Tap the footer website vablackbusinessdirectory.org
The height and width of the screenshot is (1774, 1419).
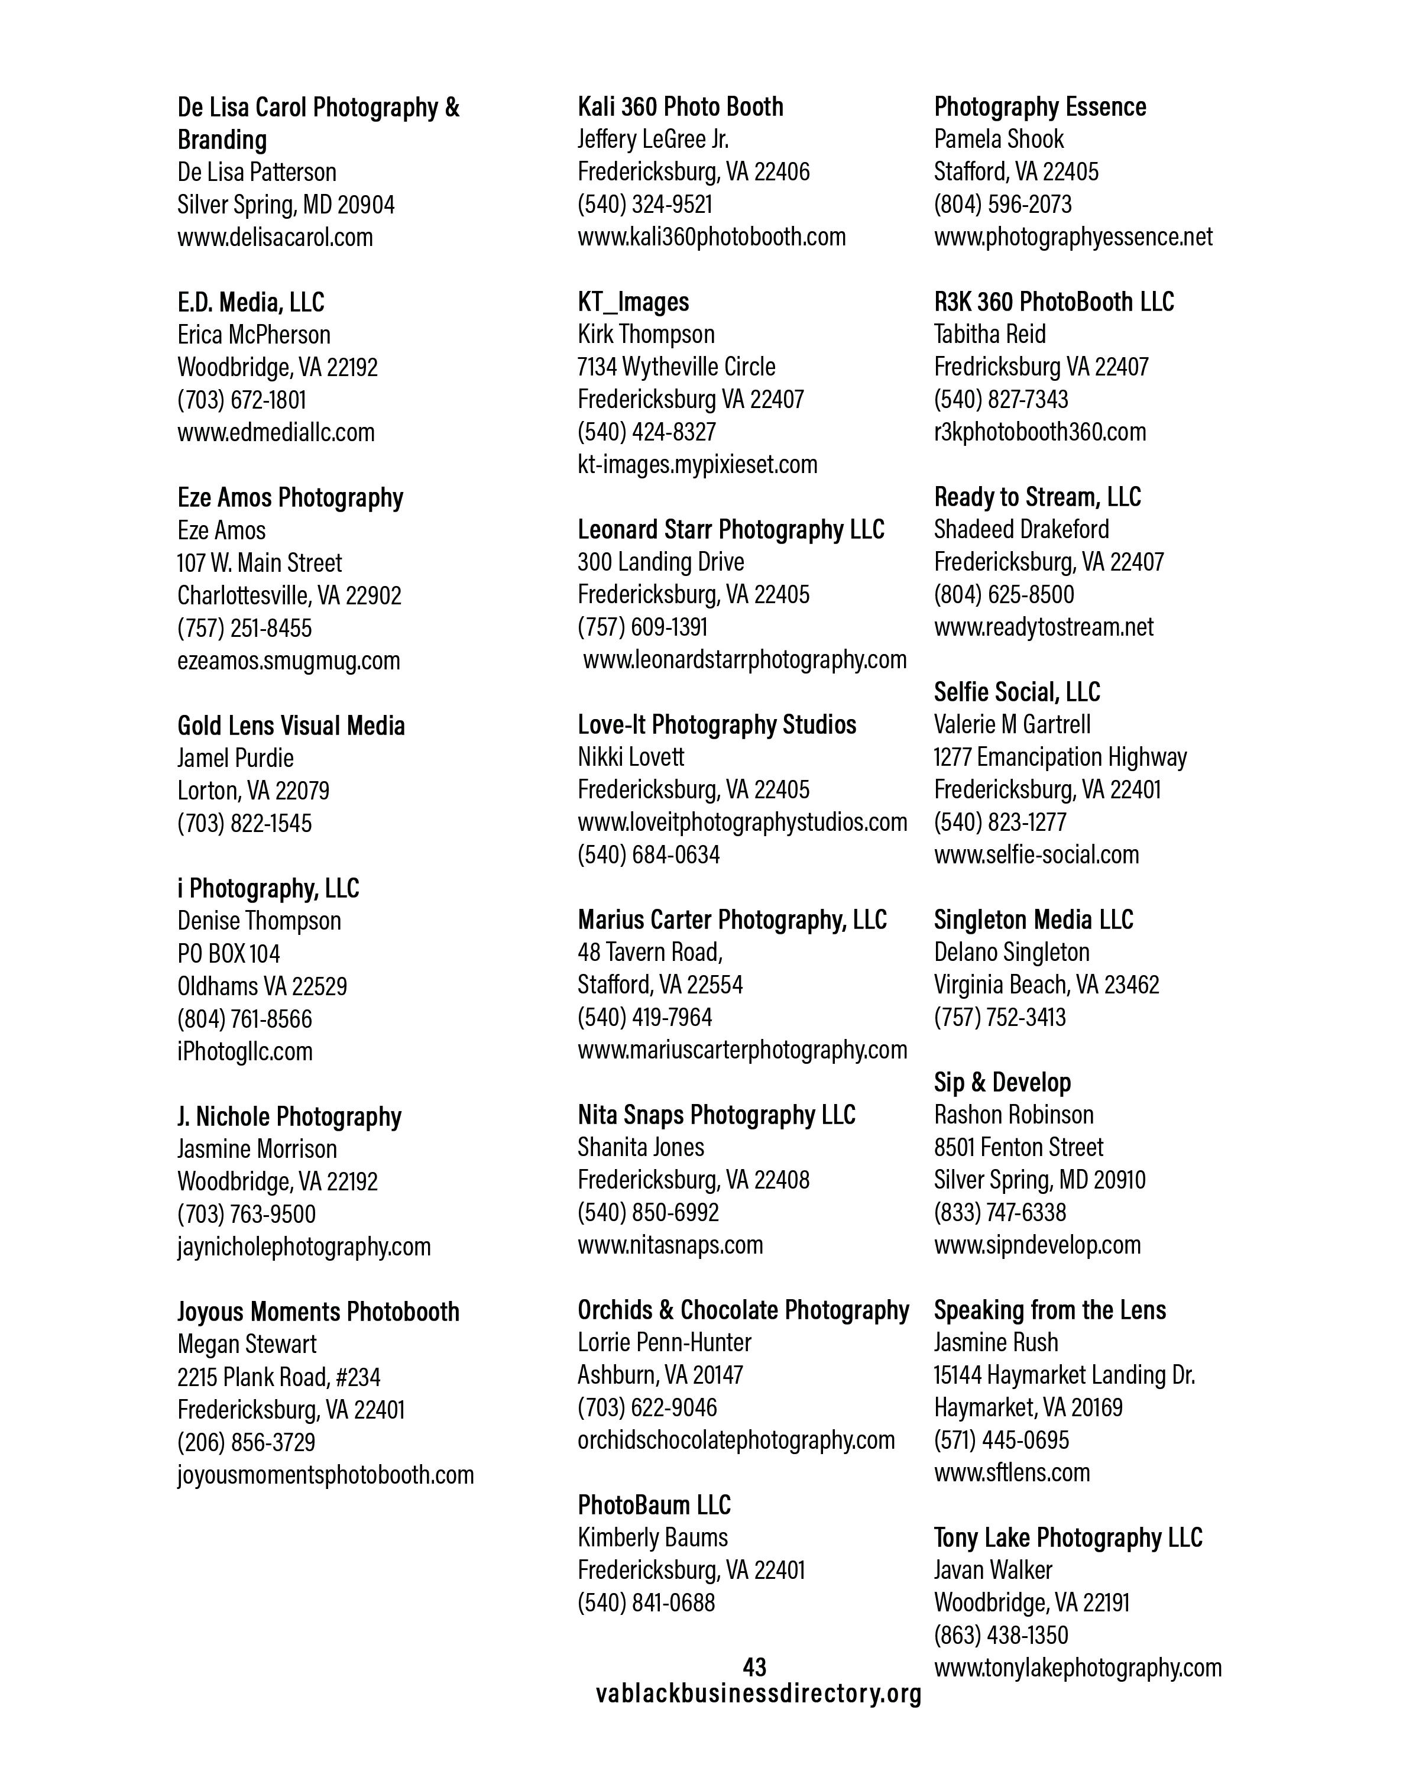tap(759, 1694)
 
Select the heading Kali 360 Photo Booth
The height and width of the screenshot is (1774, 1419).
tap(681, 107)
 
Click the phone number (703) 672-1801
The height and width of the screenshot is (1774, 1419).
tap(242, 400)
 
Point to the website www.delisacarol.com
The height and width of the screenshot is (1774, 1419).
tap(275, 237)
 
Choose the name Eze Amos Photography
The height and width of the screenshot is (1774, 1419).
tap(290, 498)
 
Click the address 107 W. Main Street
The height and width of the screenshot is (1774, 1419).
tap(259, 563)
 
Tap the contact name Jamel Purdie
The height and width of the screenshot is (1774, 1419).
tap(235, 758)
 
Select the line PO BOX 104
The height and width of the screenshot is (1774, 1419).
tap(229, 954)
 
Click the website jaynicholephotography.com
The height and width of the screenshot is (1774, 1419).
tap(303, 1247)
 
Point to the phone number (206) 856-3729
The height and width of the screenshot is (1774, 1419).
tap(246, 1442)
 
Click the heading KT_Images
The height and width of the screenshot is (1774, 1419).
tap(633, 302)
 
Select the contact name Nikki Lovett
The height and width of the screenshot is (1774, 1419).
tap(630, 757)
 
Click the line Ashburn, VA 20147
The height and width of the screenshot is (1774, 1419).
tap(660, 1375)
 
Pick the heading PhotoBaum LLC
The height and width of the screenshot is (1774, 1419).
tap(654, 1505)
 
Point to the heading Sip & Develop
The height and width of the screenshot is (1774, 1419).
tap(1002, 1082)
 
